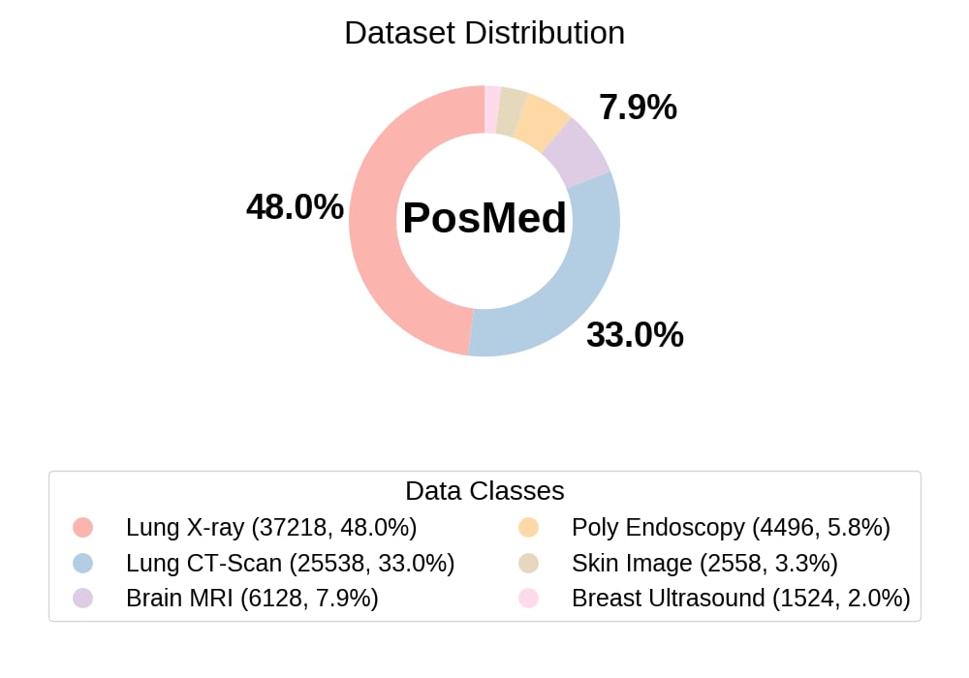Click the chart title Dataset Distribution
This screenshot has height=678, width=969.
(x=484, y=33)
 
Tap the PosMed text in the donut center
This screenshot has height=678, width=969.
(x=484, y=218)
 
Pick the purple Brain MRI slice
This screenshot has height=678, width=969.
(x=576, y=153)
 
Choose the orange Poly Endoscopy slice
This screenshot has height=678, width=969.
(x=542, y=120)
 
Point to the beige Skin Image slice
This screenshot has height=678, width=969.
(x=512, y=108)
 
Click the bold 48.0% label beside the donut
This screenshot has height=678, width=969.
(x=295, y=206)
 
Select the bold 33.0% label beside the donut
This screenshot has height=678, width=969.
(x=635, y=335)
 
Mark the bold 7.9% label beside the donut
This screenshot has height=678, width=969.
(x=638, y=108)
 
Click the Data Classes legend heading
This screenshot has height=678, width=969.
(x=484, y=490)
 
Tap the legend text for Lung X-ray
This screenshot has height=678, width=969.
(x=271, y=528)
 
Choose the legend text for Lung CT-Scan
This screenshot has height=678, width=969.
(x=290, y=563)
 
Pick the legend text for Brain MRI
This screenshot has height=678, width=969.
(x=252, y=598)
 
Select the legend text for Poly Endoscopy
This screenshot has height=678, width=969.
(x=731, y=528)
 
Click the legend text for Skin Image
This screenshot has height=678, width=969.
(x=704, y=563)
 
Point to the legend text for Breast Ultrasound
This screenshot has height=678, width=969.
(x=740, y=598)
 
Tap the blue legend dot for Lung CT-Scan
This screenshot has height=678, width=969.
(x=82, y=563)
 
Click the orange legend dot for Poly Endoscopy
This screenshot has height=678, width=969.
(x=528, y=528)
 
